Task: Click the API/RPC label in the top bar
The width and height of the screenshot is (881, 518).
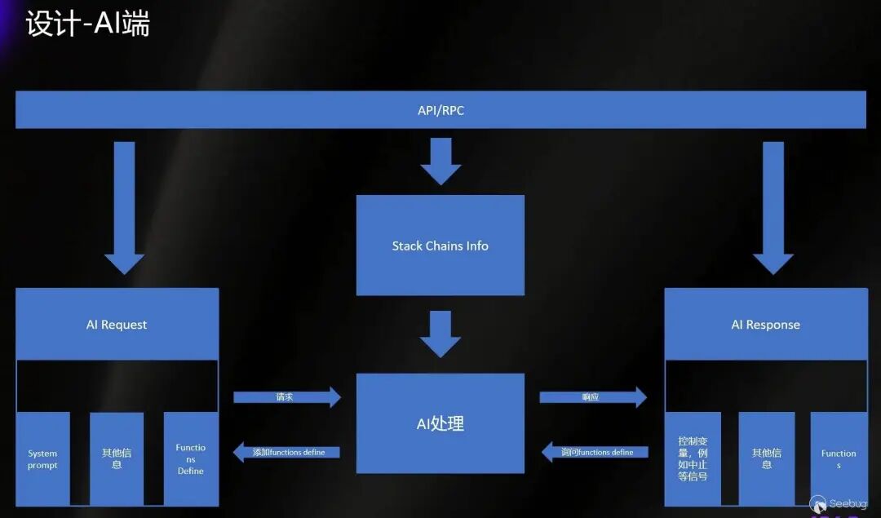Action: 440,110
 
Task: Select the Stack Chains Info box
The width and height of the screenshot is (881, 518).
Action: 440,246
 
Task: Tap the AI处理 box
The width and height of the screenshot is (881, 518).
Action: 440,423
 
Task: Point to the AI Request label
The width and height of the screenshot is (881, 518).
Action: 117,325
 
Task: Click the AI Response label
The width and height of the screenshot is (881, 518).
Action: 765,325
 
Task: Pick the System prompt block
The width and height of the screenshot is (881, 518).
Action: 42,459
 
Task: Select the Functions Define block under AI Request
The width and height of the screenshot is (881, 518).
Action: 191,459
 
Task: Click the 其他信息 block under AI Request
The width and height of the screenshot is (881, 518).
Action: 117,459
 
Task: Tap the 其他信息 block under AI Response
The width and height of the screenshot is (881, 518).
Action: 767,459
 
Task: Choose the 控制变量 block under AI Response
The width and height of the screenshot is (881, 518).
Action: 693,459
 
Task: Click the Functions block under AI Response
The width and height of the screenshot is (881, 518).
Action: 839,459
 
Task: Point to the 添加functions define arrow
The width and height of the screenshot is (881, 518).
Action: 286,452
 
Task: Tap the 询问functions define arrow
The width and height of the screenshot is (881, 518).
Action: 595,452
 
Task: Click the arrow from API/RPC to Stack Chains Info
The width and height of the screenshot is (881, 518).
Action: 440,161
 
